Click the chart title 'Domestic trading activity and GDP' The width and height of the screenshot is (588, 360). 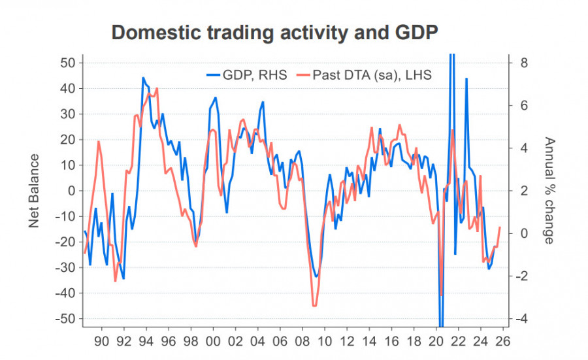[274, 33]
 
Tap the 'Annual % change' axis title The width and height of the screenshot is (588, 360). [549, 190]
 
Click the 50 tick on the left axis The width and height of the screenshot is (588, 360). [69, 63]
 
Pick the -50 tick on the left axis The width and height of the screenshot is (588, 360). [67, 319]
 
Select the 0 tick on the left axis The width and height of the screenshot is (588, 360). [73, 191]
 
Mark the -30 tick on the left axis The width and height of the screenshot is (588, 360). [67, 268]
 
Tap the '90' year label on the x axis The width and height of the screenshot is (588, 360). [101, 340]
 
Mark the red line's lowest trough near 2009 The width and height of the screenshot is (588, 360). [315, 306]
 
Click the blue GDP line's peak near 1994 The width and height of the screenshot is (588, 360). [143, 78]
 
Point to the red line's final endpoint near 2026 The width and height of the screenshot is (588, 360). [500, 227]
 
